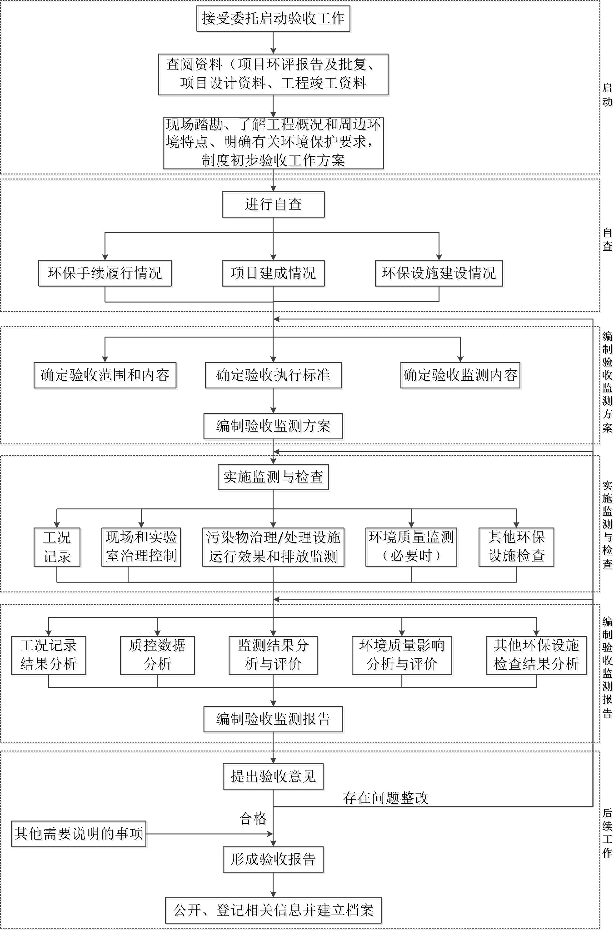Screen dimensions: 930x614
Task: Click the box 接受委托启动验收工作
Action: coord(273,19)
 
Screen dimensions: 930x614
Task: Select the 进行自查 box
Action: coord(273,204)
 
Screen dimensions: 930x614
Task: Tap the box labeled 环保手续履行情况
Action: coord(105,273)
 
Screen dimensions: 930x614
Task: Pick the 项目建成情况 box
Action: coord(273,273)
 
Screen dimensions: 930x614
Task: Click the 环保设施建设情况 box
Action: coord(439,273)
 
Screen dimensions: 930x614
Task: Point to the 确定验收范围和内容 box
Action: coord(105,375)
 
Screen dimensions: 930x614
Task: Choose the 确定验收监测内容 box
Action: coord(460,375)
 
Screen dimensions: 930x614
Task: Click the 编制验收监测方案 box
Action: coord(273,426)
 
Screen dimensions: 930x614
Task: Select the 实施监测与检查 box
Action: coord(273,477)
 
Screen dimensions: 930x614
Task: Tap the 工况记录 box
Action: coord(57,547)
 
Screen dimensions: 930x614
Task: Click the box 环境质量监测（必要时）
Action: coord(411,547)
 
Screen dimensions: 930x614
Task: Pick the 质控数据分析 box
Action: coord(157,655)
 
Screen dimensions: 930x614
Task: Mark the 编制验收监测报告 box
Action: coord(273,719)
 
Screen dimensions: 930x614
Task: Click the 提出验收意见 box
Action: coord(273,776)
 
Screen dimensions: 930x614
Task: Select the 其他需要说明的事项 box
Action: coord(79,834)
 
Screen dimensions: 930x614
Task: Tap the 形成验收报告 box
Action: coord(273,859)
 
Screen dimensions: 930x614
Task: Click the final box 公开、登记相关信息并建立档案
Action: coord(273,910)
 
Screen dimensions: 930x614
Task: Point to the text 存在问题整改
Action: coord(385,798)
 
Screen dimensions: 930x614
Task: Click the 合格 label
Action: coord(253,818)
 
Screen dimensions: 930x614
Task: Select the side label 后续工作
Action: coord(607,833)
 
